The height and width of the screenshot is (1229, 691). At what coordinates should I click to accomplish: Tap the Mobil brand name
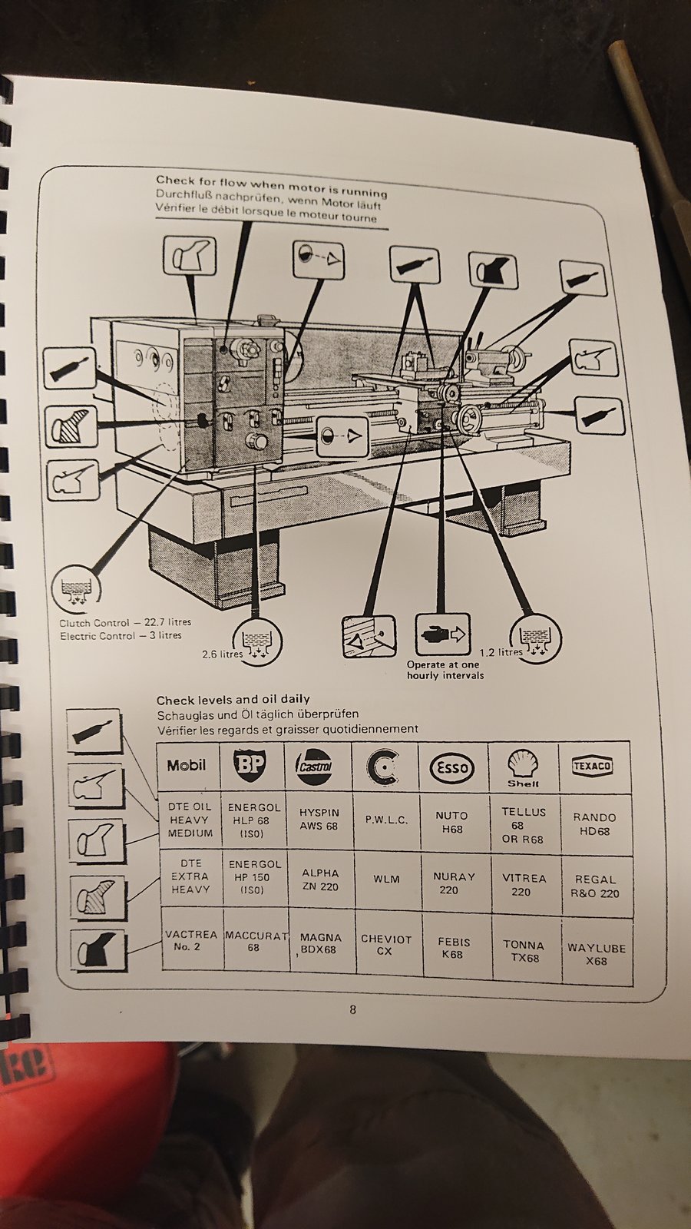[187, 765]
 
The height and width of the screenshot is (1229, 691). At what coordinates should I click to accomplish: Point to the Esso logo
[451, 767]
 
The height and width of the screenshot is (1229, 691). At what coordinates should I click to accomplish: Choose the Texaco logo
[593, 765]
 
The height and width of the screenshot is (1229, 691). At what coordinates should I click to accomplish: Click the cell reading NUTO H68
[451, 823]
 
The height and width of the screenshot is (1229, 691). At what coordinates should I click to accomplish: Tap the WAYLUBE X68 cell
[596, 954]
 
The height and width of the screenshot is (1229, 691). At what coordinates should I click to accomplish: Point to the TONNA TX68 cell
[524, 952]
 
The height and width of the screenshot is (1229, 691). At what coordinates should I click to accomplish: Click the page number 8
[352, 1010]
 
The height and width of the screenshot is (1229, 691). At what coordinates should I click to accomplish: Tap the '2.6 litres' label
[222, 654]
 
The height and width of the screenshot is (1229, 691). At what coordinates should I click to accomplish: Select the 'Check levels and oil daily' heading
[233, 699]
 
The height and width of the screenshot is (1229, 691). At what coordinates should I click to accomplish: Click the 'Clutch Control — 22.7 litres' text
[125, 622]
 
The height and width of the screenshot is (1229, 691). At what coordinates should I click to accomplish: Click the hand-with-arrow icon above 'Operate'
[442, 634]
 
